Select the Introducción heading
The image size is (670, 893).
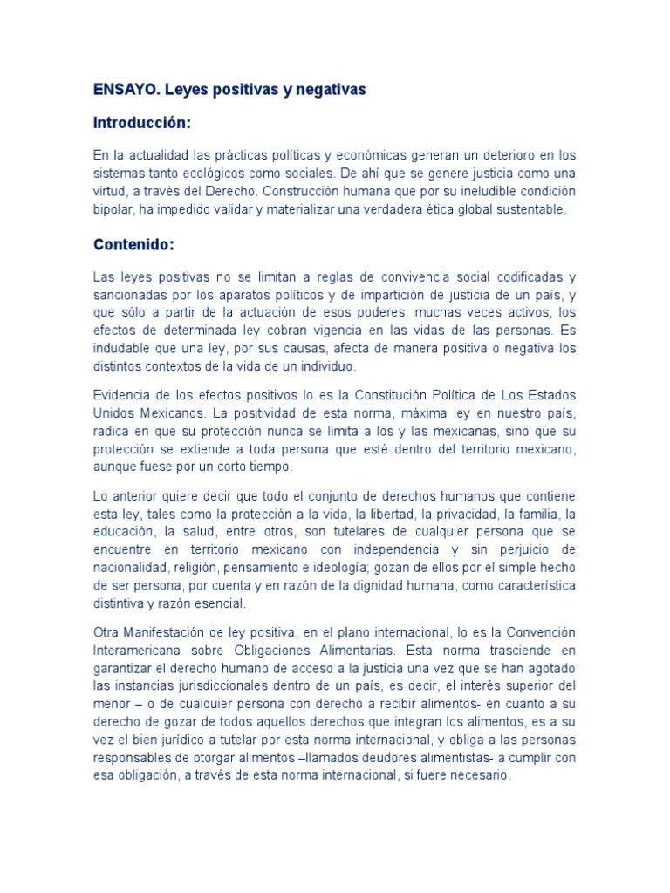pyautogui.click(x=141, y=123)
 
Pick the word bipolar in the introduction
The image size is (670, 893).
pyautogui.click(x=114, y=209)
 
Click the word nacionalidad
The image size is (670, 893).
pyautogui.click(x=132, y=567)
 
